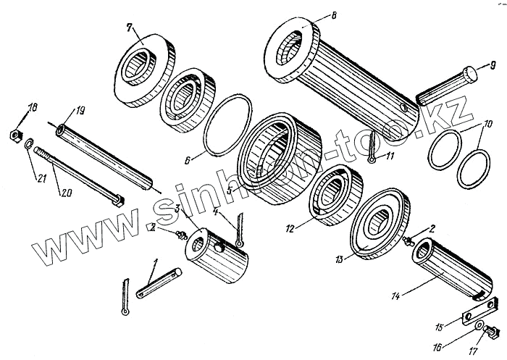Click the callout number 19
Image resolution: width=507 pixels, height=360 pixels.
click(x=80, y=112)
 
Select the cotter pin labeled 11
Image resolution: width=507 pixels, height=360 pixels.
click(x=369, y=150)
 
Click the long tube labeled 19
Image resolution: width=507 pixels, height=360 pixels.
click(x=101, y=155)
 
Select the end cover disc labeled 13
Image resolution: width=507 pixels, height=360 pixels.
click(x=380, y=225)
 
